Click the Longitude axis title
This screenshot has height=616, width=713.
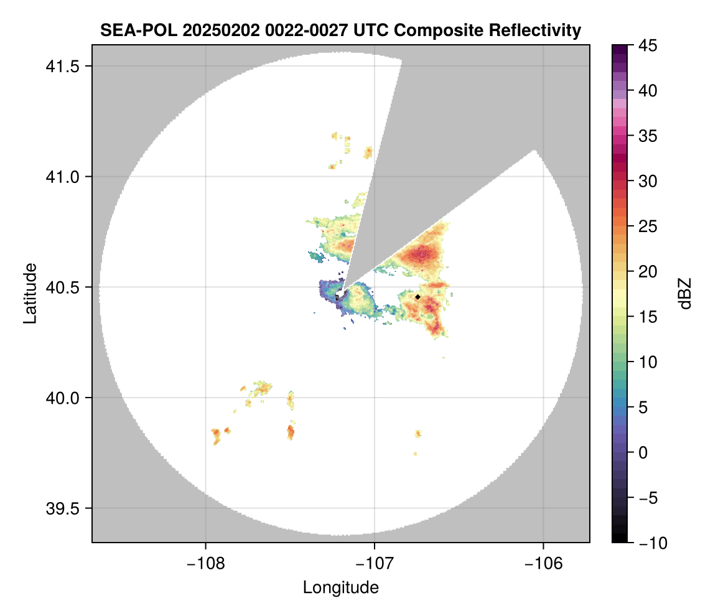tap(340, 587)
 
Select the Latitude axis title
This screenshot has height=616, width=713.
tap(30, 293)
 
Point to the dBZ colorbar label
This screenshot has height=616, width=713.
tap(685, 293)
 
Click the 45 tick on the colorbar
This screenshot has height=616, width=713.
tap(648, 45)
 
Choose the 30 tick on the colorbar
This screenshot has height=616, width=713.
tap(648, 181)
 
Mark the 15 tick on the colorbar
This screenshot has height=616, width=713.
tap(648, 317)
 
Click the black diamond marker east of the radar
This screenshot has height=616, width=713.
tap(418, 297)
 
